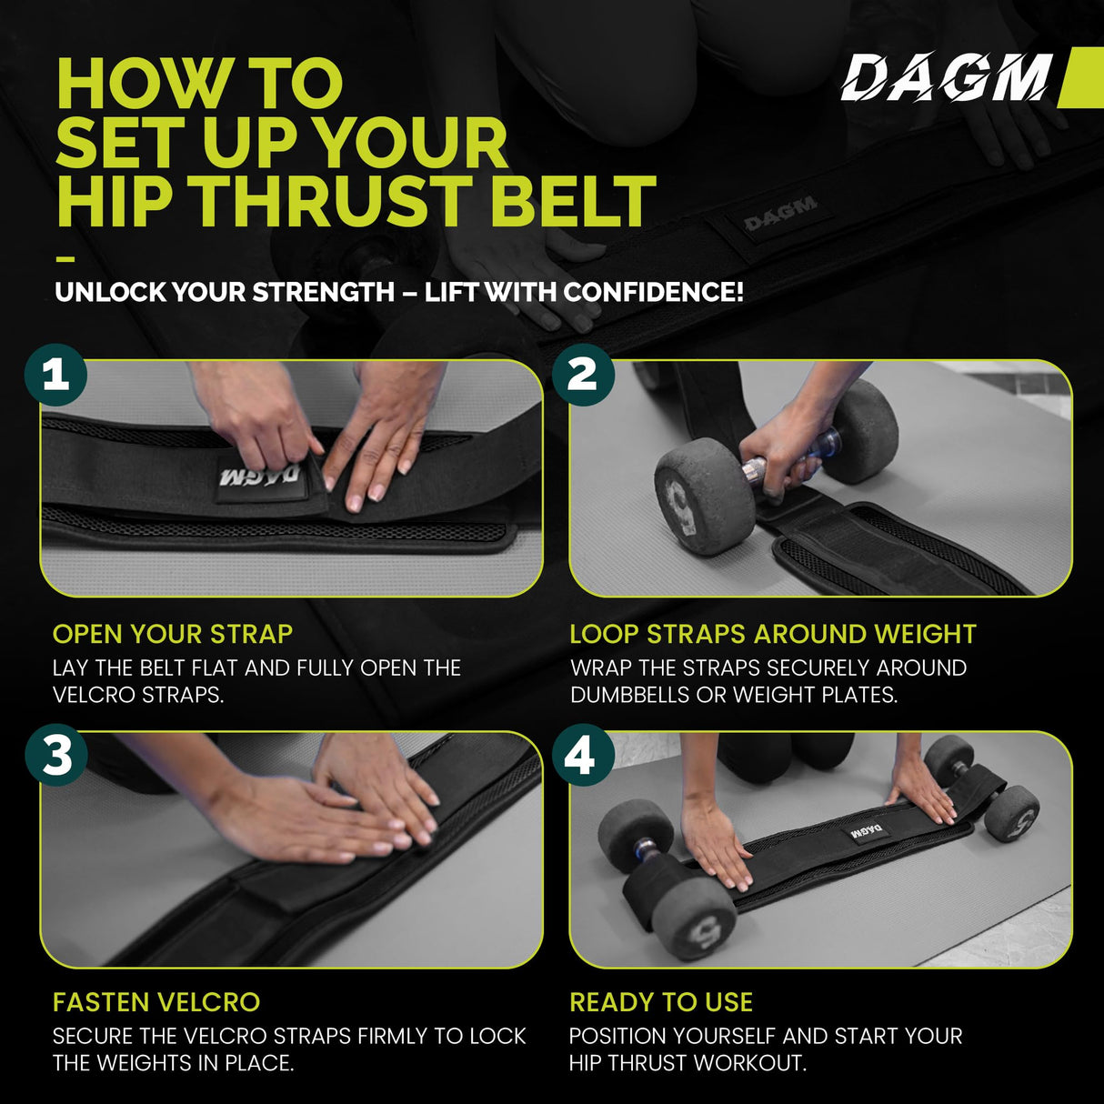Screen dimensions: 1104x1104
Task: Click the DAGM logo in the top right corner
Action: [946, 77]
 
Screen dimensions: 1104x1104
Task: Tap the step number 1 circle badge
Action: [55, 374]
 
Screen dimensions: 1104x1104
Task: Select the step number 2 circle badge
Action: [583, 374]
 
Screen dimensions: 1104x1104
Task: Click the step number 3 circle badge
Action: [55, 755]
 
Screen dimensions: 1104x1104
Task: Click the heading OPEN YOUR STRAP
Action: [173, 634]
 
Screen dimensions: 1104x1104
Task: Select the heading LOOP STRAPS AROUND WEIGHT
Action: [772, 634]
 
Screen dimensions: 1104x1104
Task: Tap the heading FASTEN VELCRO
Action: [156, 1002]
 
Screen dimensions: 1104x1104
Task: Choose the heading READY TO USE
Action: [661, 1002]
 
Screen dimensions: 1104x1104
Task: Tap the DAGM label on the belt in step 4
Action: [867, 832]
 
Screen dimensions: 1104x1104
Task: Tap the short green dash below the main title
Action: [65, 258]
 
